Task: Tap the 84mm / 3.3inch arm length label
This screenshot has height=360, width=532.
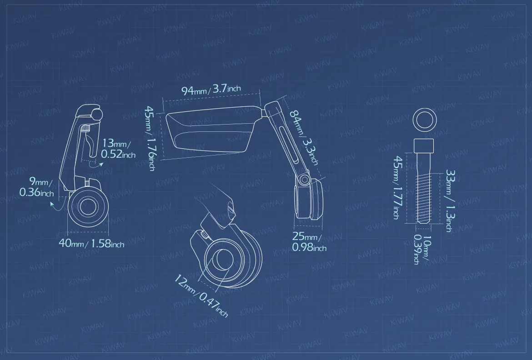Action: click(303, 136)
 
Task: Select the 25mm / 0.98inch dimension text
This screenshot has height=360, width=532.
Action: click(309, 242)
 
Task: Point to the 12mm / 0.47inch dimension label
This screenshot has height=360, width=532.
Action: click(201, 295)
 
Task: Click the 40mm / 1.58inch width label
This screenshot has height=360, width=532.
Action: click(91, 243)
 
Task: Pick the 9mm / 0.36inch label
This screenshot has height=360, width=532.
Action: click(37, 187)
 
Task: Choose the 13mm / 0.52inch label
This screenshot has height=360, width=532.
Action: click(118, 148)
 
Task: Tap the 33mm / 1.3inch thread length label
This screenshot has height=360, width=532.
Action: click(450, 200)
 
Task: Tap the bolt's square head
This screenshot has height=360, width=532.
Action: click(424, 145)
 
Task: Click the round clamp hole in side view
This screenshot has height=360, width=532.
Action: click(88, 206)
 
